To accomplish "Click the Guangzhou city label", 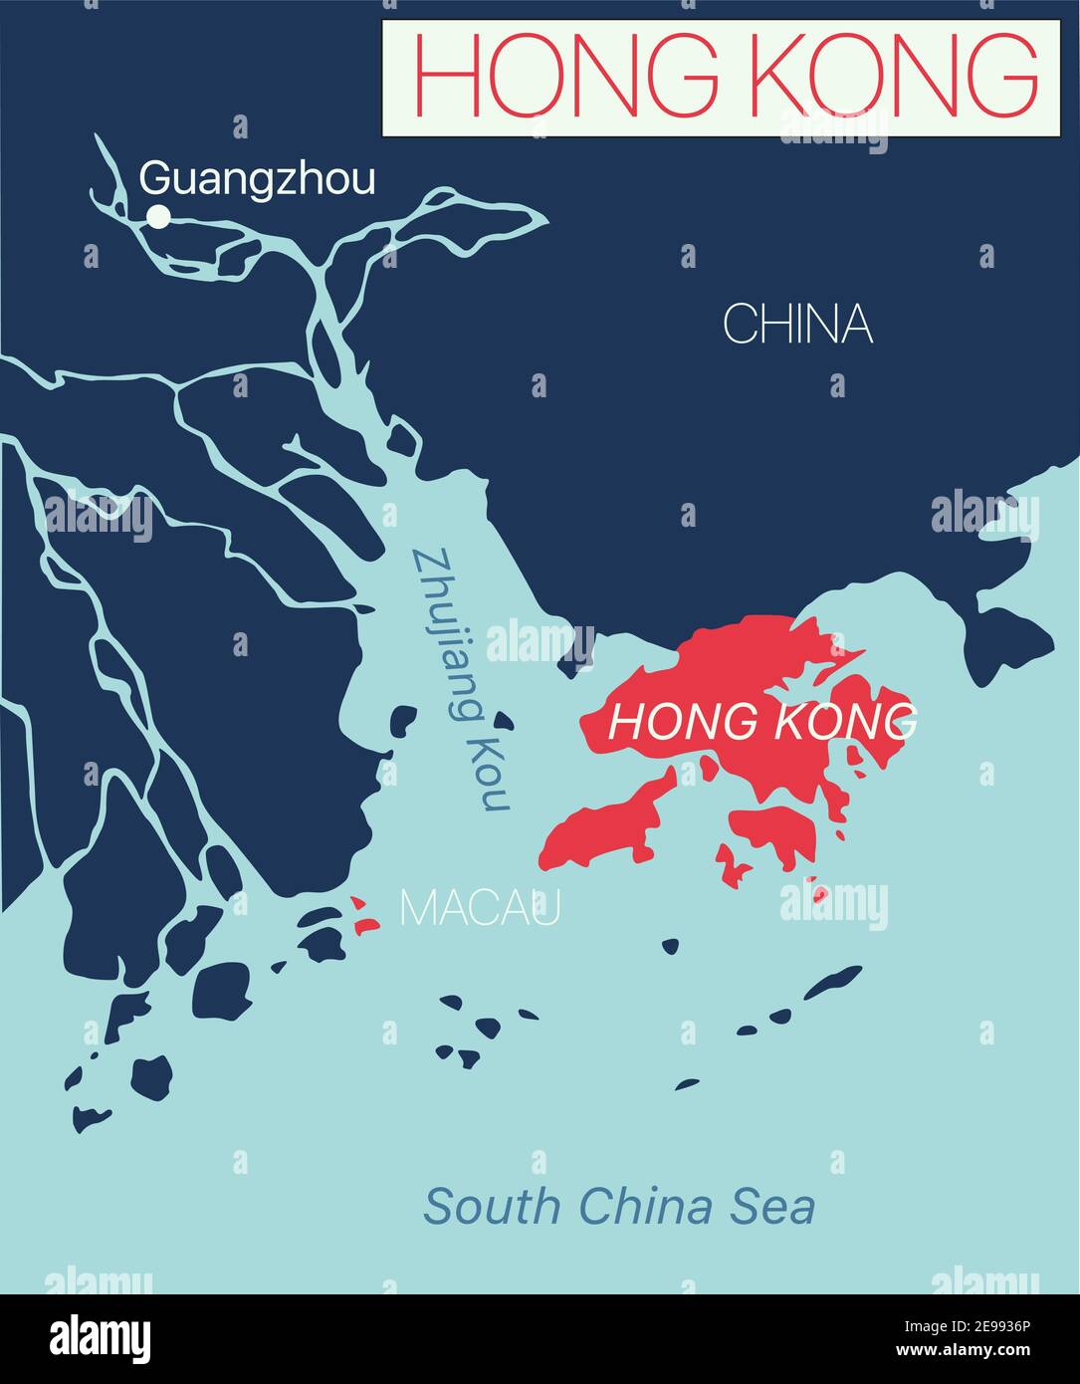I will tap(258, 179).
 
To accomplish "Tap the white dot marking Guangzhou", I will tap(158, 216).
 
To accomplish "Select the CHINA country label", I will tap(797, 325).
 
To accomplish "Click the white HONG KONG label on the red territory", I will tap(761, 721).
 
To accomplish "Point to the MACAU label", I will tap(480, 907).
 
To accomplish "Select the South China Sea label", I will tap(619, 1206).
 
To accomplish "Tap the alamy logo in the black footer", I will tap(101, 1337).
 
